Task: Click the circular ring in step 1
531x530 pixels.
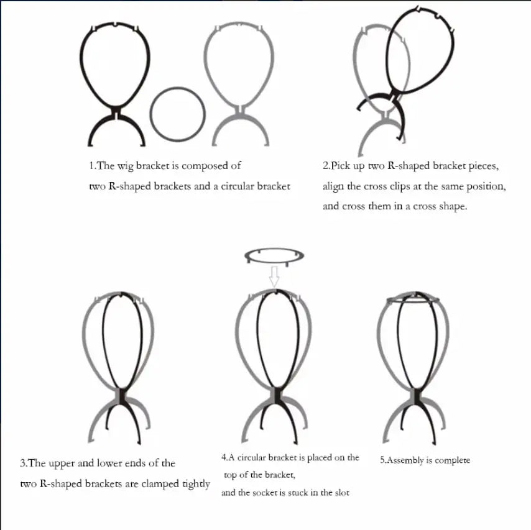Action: point(151,114)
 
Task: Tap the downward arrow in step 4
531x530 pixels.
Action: point(274,276)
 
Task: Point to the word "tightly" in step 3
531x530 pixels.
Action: point(196,484)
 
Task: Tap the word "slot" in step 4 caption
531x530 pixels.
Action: point(342,493)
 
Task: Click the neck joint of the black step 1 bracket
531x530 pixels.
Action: point(116,112)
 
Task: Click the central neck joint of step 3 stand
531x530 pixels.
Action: point(121,395)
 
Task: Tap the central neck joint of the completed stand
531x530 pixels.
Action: point(415,395)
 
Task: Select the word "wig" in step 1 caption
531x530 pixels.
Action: point(125,167)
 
